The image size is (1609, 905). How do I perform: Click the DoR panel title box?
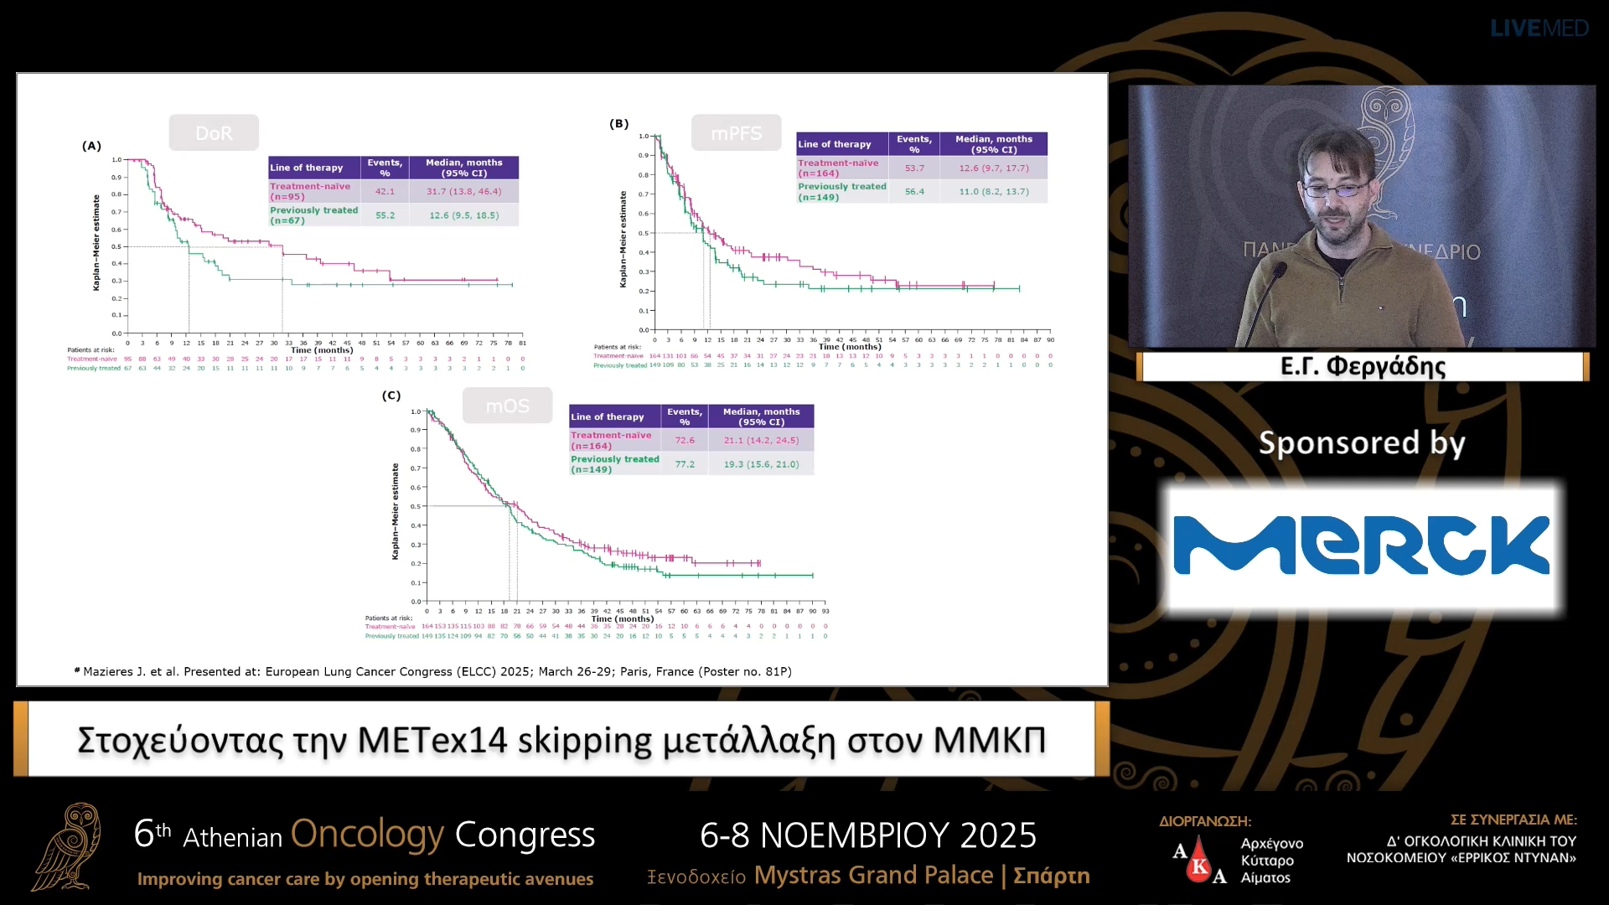point(214,133)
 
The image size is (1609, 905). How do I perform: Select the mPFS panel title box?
point(736,133)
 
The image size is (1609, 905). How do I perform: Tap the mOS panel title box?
point(507,406)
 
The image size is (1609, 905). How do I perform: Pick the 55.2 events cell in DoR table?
point(385,215)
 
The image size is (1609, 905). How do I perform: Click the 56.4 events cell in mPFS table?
point(914,192)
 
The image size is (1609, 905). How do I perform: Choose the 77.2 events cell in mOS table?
point(685,464)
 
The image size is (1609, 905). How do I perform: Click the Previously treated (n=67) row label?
point(314,215)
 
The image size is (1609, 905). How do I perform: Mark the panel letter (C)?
point(391,396)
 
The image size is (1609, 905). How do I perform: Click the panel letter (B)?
point(618,124)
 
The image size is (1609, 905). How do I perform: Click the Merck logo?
point(1362,546)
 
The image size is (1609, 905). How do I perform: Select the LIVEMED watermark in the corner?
point(1539,28)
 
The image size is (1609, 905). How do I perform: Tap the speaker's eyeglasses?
point(1338,189)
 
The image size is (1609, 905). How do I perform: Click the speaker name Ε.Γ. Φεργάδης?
point(1363,366)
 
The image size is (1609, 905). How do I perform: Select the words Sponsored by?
point(1362,442)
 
